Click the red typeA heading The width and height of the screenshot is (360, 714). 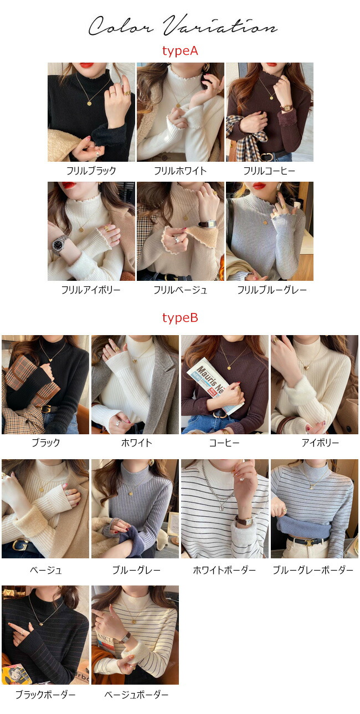(x=180, y=51)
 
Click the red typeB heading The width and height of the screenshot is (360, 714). (x=180, y=318)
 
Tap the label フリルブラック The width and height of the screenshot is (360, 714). (x=91, y=171)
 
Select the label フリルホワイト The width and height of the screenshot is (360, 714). (x=181, y=171)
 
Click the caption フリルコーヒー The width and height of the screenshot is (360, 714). (x=270, y=171)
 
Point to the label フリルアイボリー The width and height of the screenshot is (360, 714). (x=91, y=290)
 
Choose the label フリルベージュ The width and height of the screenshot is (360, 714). (x=181, y=290)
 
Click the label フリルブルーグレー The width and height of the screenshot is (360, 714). (x=272, y=290)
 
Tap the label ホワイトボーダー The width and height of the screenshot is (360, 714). (x=225, y=570)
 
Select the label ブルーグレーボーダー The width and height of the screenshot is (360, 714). (x=313, y=570)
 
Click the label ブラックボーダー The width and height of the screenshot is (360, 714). (x=45, y=694)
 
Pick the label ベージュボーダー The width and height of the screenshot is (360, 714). (x=136, y=694)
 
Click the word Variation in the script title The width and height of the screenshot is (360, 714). (x=220, y=25)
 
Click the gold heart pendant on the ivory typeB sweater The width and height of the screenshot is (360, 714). (x=308, y=367)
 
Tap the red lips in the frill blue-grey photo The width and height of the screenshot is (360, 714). (x=259, y=186)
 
